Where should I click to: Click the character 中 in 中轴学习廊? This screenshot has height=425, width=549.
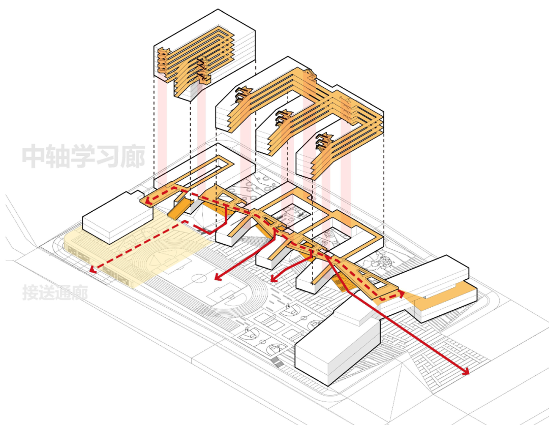tap(35, 157)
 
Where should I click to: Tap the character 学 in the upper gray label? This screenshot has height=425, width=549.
tap(83, 157)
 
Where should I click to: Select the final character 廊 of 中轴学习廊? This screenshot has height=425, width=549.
tap(133, 157)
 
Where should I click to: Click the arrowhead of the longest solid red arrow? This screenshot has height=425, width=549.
tap(465, 372)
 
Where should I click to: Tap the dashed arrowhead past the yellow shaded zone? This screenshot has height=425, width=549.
tap(93, 269)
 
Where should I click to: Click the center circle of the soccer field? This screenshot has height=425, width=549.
tap(199, 279)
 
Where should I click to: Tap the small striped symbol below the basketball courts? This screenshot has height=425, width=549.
tap(276, 363)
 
